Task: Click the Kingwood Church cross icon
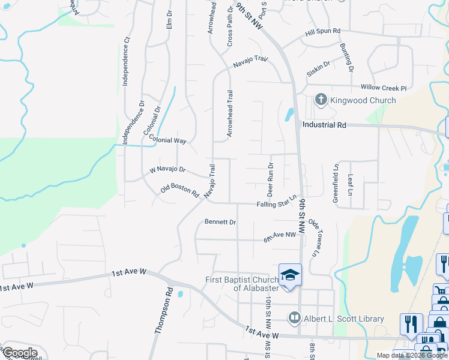coord(321,100)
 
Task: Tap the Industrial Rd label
coord(325,125)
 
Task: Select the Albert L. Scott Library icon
coord(294,318)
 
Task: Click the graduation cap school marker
coord(291,275)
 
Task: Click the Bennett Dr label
coord(220,222)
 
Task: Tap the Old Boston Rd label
coord(179,191)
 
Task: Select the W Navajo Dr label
coord(167,170)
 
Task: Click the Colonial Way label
coord(168,140)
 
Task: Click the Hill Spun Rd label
coord(322,31)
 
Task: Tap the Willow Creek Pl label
coord(384,88)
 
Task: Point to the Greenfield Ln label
coord(336,182)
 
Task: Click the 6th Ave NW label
coord(280,238)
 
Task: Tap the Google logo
coord(20,352)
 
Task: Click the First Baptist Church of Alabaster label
coord(241,284)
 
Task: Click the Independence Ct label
coord(126,62)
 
